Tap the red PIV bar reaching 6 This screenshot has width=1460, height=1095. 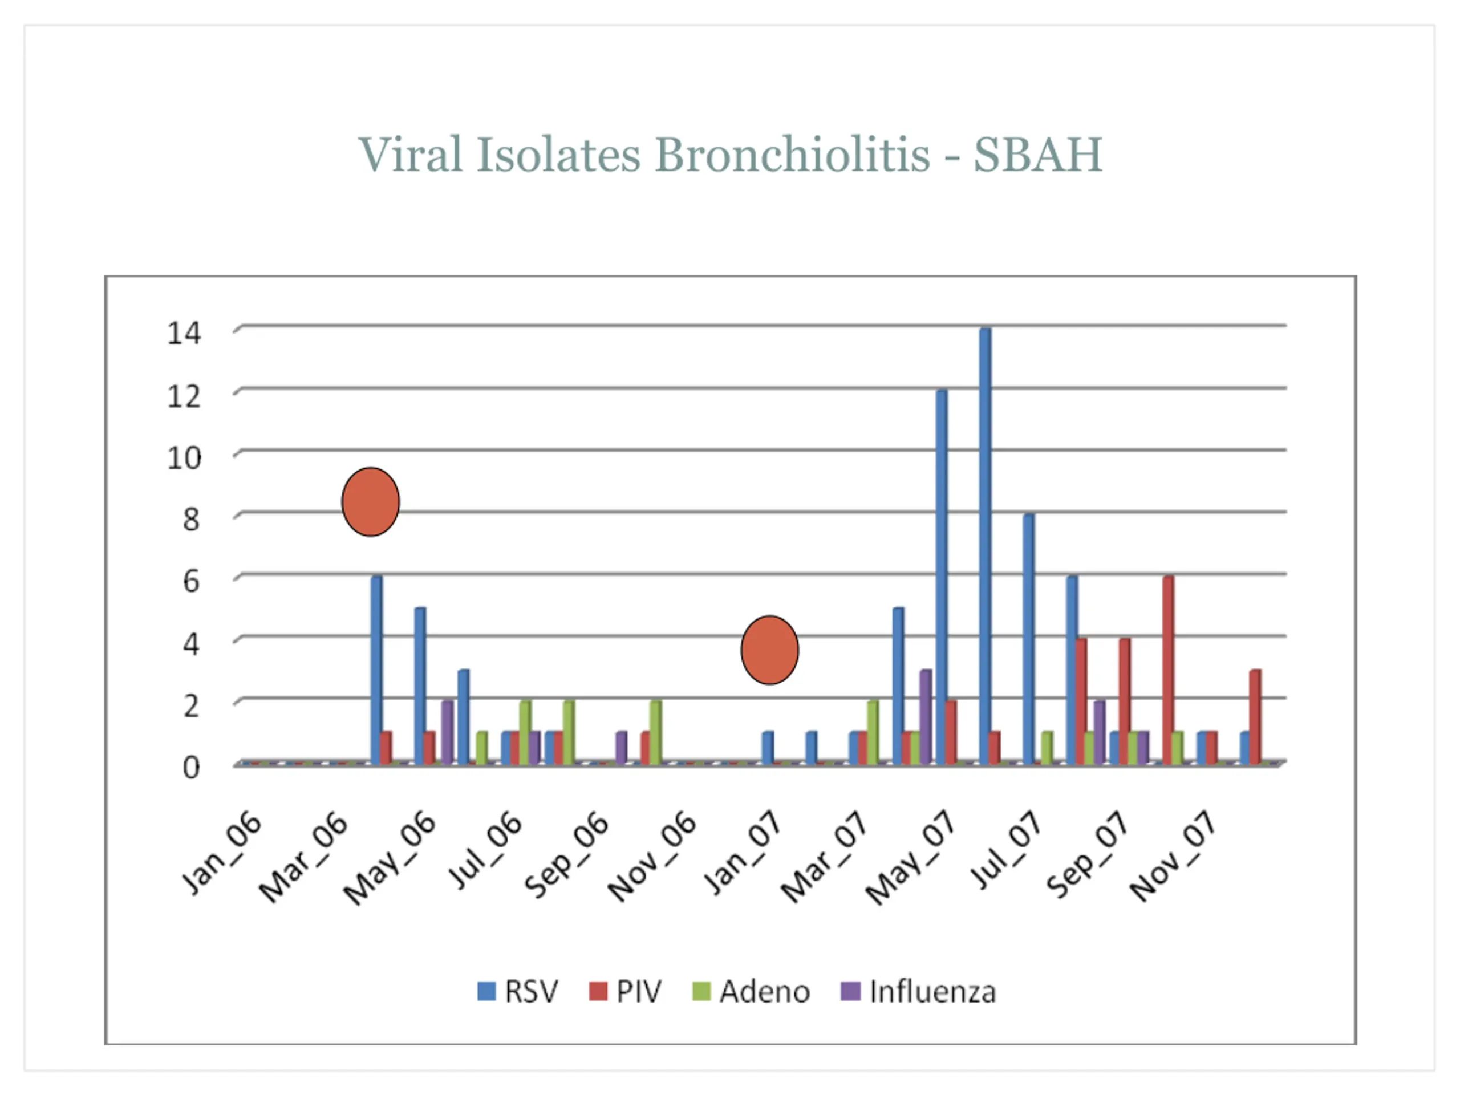(1168, 670)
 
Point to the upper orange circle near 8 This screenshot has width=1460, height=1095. (370, 502)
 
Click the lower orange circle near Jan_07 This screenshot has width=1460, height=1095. (769, 650)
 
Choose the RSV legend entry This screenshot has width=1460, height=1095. (518, 992)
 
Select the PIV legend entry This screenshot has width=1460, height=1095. (625, 992)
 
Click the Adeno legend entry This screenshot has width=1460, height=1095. (751, 992)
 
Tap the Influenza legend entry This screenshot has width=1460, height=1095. (918, 992)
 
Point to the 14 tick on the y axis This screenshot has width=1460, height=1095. (184, 332)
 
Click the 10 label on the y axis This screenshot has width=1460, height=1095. (184, 457)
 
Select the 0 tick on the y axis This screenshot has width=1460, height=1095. (190, 768)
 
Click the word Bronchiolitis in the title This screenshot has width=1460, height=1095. (792, 155)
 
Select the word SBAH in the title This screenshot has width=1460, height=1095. (1037, 155)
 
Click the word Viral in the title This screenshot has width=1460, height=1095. (410, 155)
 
